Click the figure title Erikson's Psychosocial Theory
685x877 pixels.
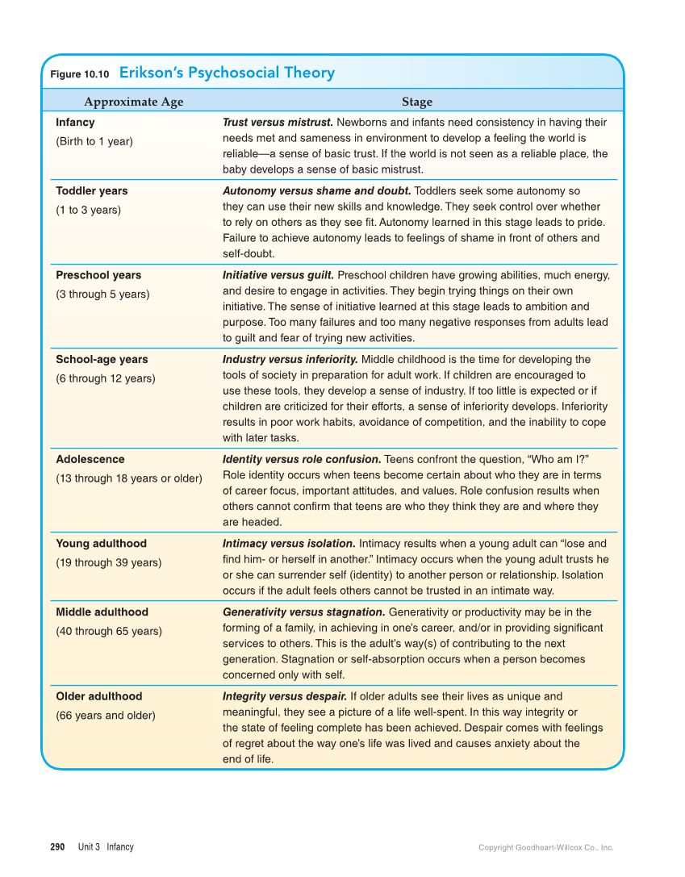coord(227,73)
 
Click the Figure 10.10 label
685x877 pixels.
coord(79,74)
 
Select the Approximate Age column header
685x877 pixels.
coord(133,102)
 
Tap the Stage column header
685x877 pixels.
coord(417,102)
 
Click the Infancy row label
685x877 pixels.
coord(75,123)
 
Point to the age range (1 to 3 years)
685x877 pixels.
coord(88,210)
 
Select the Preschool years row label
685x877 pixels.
coord(98,275)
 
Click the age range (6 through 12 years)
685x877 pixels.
coord(105,378)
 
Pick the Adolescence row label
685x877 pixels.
coord(90,459)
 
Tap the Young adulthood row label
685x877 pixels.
coord(101,544)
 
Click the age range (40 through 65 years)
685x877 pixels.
coord(108,631)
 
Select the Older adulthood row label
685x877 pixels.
coord(98,696)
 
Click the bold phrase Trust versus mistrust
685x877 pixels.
coord(278,123)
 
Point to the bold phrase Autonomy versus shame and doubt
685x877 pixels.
coord(316,191)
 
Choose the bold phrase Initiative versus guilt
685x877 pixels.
coord(278,275)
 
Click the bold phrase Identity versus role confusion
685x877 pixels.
coord(302,459)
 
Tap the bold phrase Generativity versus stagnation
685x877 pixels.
coord(303,612)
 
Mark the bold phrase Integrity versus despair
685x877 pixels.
coord(285,696)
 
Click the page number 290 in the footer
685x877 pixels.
coord(57,847)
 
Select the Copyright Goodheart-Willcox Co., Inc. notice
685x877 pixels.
coord(545,848)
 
